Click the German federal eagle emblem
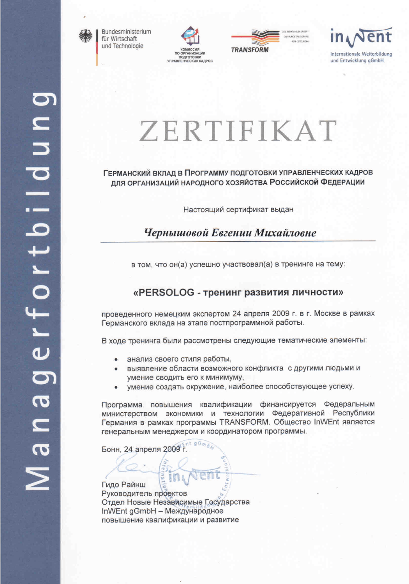(85, 37)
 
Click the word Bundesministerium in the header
(126, 32)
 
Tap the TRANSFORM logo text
(250, 50)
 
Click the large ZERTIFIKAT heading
(238, 130)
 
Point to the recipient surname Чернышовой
(176, 233)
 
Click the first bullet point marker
(116, 359)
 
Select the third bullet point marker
(116, 387)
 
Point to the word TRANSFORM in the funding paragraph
(244, 422)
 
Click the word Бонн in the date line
(111, 449)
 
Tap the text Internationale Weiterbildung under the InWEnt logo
(361, 54)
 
